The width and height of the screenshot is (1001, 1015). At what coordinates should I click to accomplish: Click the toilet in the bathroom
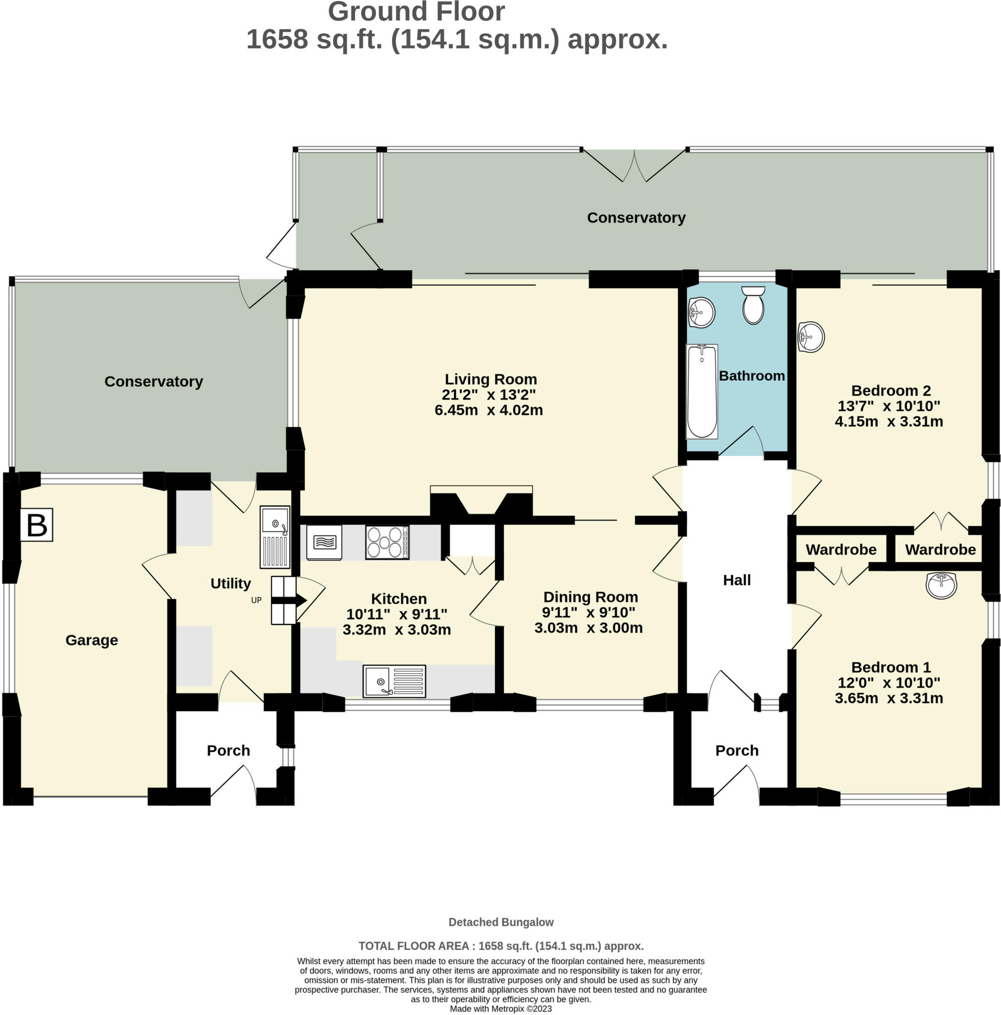coord(753,305)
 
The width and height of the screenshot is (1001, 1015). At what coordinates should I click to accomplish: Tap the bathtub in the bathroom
coord(702,392)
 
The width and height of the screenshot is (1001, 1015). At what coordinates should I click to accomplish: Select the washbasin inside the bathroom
coord(701,313)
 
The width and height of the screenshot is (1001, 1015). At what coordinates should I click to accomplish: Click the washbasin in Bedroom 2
coord(811,337)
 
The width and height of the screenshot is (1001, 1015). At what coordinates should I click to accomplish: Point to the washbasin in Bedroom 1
coord(941,585)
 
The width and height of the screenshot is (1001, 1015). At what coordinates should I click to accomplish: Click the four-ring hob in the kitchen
coord(387,542)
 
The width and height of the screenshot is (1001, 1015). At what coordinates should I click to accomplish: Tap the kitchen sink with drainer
coord(394,681)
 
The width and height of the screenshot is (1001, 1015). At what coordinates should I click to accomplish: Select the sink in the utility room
coord(275,537)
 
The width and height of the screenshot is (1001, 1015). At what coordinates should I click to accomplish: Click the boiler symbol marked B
coord(36,524)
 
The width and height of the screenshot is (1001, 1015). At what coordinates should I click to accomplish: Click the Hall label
coord(736,580)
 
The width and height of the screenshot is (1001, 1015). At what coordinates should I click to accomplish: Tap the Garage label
coord(91,640)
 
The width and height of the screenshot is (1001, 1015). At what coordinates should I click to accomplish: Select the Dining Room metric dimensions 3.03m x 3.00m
coord(588,628)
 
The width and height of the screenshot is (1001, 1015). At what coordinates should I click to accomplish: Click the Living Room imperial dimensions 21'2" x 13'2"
coord(489,395)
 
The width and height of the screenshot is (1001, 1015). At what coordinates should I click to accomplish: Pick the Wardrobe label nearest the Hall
coord(841,550)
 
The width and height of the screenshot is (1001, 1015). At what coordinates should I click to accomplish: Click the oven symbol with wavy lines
coord(324,542)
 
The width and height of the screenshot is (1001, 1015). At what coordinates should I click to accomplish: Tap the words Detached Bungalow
coord(501,922)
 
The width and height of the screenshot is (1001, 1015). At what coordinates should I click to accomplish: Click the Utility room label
coord(230,583)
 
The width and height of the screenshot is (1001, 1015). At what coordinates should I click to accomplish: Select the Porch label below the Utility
coord(228,750)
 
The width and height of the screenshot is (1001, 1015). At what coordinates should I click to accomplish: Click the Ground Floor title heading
coord(416,11)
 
